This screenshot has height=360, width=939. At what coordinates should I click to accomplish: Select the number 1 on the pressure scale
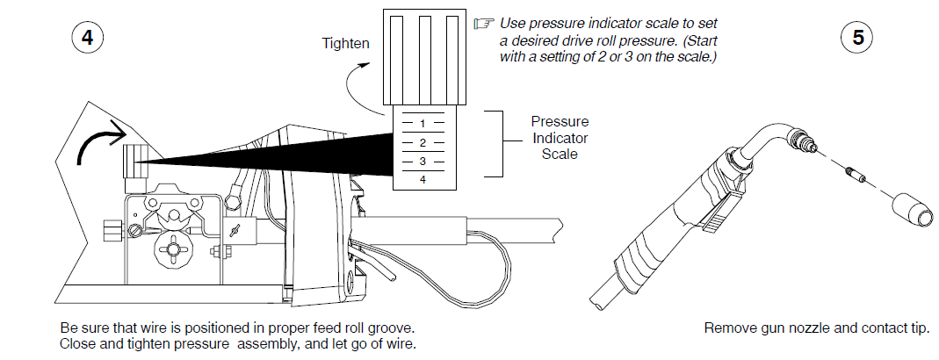click(x=423, y=124)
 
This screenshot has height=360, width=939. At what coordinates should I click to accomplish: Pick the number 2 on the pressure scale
click(x=423, y=142)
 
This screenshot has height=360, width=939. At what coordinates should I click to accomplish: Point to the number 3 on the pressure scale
click(x=423, y=162)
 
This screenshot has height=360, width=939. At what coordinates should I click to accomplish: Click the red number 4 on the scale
click(x=423, y=179)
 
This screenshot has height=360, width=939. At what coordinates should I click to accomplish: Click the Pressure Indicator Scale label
click(x=560, y=138)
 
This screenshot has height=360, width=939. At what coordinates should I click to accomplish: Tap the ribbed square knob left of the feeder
click(x=111, y=231)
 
